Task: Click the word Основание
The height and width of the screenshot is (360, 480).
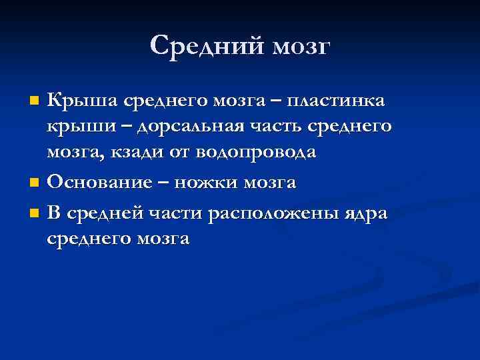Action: pyautogui.click(x=97, y=181)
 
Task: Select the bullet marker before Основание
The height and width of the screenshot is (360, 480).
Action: pyautogui.click(x=35, y=182)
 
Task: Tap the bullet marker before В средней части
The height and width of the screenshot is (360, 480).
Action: pyautogui.click(x=35, y=214)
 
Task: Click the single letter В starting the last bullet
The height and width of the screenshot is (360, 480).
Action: pyautogui.click(x=54, y=213)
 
